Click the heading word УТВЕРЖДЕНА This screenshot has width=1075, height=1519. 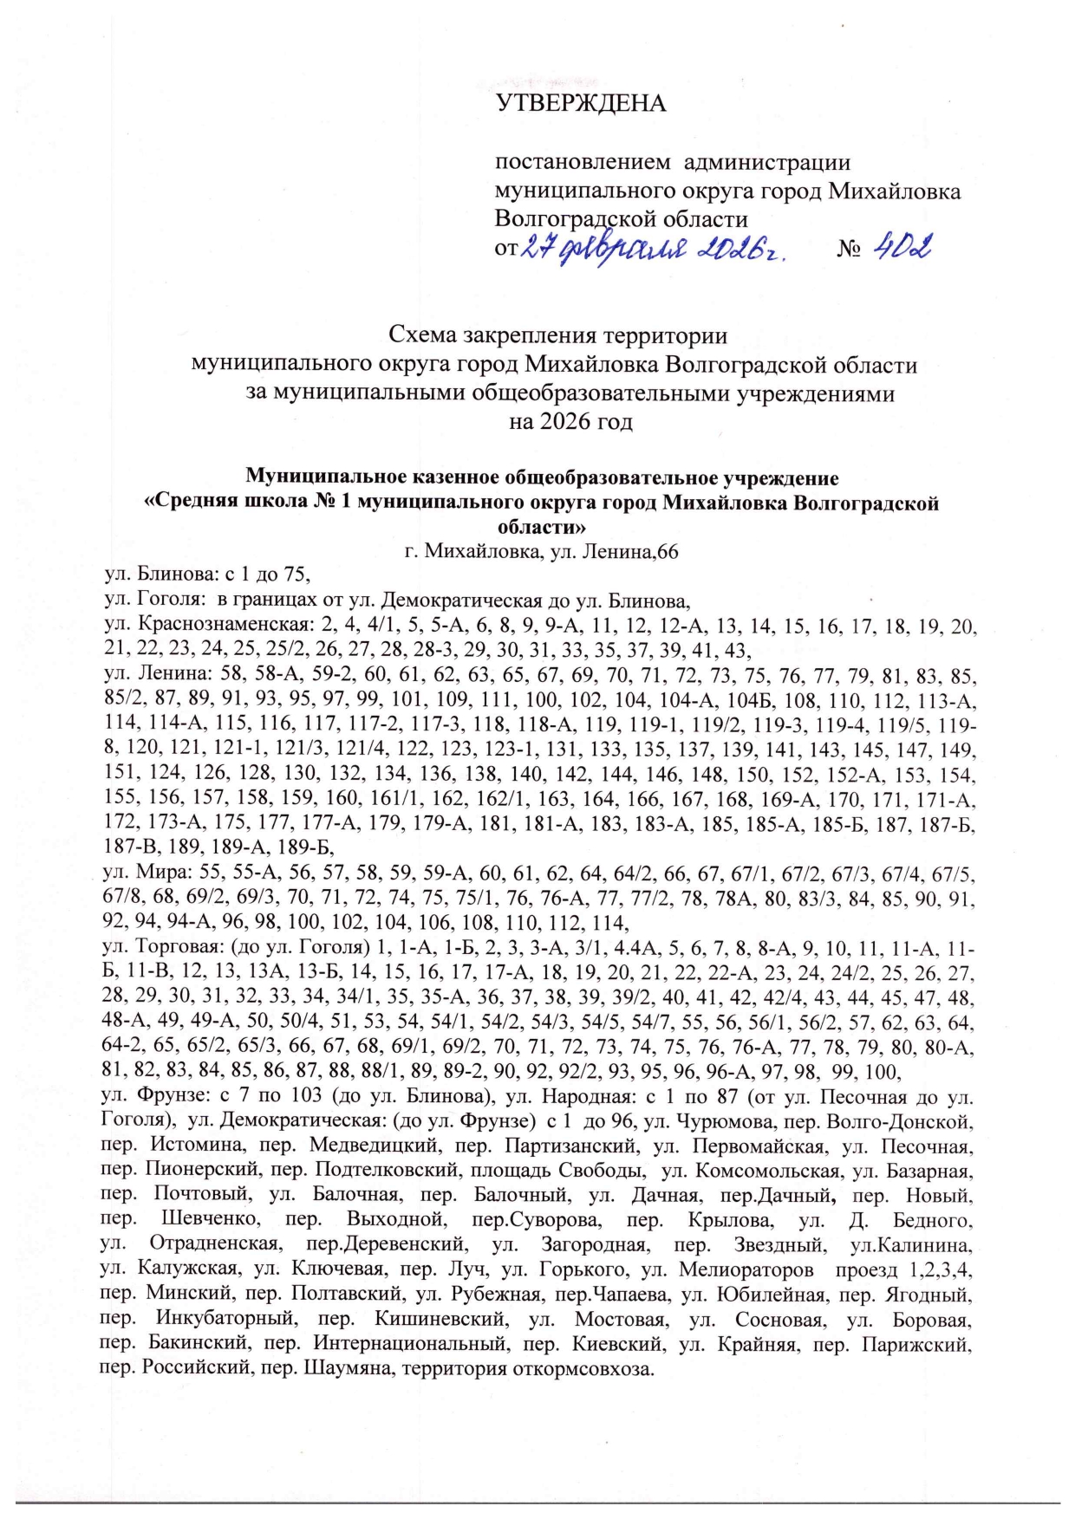tap(580, 104)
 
